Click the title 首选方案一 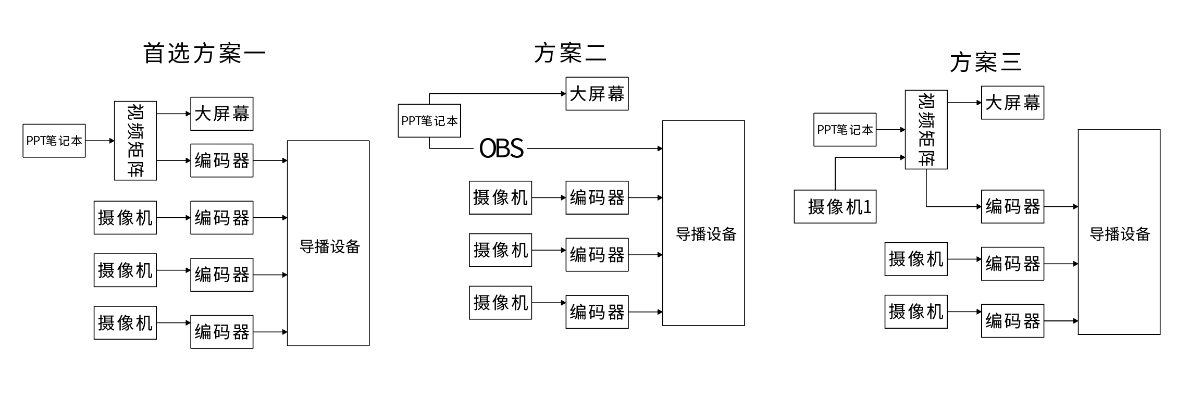204,53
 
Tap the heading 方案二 570,53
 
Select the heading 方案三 985,63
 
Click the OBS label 501,148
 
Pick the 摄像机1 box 835,207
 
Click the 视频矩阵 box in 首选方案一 135,141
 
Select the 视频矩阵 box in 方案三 926,130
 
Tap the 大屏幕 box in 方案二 597,94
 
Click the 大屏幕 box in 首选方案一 222,114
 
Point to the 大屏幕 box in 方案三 1012,103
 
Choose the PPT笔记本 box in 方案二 429,121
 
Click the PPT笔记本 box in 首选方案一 54,141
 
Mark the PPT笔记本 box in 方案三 845,130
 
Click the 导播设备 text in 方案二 706,234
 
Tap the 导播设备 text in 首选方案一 330,246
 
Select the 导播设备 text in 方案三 1120,234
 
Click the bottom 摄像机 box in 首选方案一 125,323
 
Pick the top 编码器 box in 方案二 597,197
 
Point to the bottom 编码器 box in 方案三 1012,321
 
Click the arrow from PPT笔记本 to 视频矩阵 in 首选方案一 100,141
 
